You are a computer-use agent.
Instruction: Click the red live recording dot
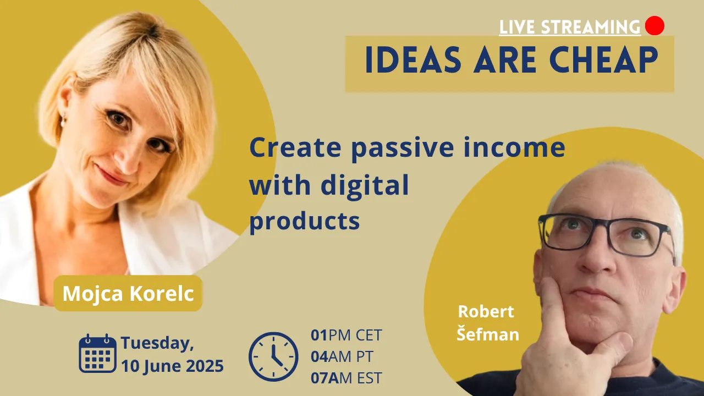654,25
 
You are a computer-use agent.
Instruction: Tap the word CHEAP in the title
603,60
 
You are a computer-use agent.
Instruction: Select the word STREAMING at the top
591,27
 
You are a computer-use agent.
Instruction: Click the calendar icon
98,353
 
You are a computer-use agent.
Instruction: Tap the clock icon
273,357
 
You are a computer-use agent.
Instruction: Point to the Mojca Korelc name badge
128,293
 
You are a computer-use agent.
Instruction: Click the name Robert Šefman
487,323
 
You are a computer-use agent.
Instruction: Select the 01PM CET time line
346,335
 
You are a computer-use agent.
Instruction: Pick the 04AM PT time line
342,356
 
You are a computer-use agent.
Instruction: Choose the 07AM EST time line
346,378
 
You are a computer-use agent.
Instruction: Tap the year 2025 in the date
205,366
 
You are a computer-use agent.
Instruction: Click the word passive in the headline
402,148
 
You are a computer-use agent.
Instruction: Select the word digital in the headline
365,184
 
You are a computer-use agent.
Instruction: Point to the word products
305,221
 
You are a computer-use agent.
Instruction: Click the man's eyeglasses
607,235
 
